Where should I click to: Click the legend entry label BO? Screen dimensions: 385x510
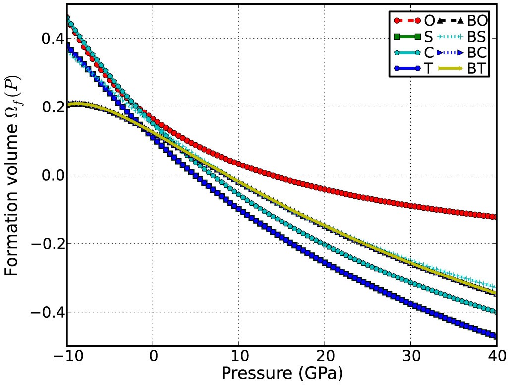pos(477,21)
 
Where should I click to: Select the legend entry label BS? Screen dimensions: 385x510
pos(476,37)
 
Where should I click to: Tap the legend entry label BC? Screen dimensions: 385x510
pos(476,53)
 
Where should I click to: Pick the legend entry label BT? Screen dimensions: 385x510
pos(476,68)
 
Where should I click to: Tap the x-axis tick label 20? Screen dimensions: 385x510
pos(325,357)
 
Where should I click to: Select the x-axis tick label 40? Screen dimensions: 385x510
pos(496,357)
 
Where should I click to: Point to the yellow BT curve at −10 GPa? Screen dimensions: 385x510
pos(68,106)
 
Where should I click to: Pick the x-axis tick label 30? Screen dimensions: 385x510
pos(410,357)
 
